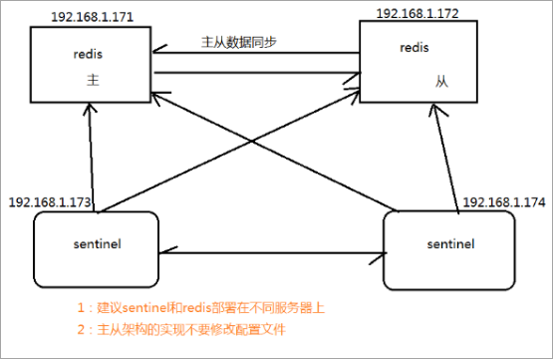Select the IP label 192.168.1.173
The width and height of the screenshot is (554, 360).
pos(51,202)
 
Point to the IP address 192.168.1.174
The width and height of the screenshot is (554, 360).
pos(503,202)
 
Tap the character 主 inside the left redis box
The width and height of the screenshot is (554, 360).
pos(91,86)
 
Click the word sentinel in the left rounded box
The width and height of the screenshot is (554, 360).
pos(97,241)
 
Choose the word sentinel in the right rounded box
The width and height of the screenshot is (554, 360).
pos(449,243)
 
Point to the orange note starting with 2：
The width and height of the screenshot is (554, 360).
pos(198,329)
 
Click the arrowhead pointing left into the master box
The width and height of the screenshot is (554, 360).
pos(159,55)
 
